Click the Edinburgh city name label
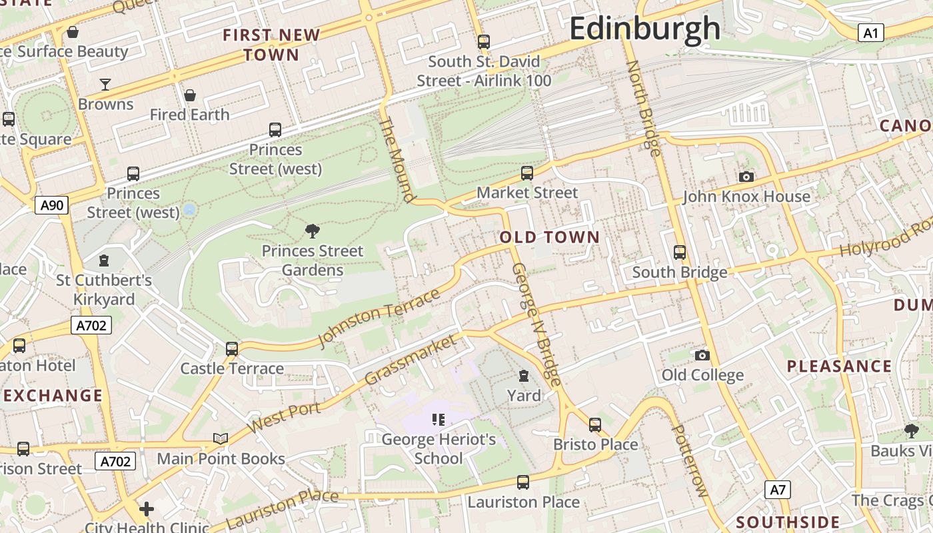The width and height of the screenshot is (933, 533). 644,29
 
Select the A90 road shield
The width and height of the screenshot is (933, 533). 52,205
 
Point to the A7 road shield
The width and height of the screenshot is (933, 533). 778,490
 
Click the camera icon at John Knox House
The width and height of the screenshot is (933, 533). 746,177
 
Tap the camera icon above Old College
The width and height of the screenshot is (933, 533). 702,355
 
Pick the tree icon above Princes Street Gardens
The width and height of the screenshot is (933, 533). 312,231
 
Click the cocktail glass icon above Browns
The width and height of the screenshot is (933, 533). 105,84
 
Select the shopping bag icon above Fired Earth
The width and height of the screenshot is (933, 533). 190,95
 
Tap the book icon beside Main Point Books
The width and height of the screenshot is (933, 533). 221,438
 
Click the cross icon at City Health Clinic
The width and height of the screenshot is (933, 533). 147,510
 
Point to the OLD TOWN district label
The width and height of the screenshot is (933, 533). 550,237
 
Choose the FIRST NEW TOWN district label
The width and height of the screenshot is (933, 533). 271,45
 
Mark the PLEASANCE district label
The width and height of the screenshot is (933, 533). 839,366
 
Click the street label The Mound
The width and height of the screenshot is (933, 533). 397,160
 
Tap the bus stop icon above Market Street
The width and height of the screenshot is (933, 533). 527,173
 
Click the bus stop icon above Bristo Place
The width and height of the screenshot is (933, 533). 595,424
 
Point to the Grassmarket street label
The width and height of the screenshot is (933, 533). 412,360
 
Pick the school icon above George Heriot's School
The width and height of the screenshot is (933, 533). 438,419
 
